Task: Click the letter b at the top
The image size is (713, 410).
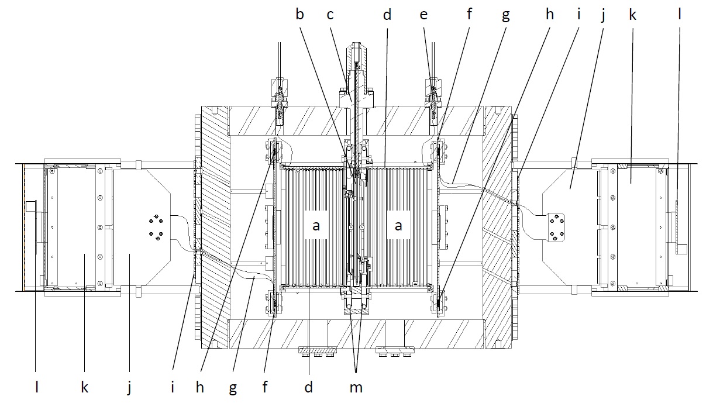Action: [299, 15]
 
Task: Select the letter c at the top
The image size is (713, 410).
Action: [330, 15]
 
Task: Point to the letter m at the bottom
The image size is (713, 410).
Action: [356, 387]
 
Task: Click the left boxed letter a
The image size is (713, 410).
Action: [316, 226]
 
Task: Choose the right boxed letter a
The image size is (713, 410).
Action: [399, 226]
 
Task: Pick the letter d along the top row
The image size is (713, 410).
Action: [387, 15]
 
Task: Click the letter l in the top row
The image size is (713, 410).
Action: [679, 15]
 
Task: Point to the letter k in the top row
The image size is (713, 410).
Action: [632, 15]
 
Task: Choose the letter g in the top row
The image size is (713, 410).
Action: [506, 15]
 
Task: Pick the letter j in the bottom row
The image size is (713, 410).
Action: [129, 388]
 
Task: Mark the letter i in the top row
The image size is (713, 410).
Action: [578, 15]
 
